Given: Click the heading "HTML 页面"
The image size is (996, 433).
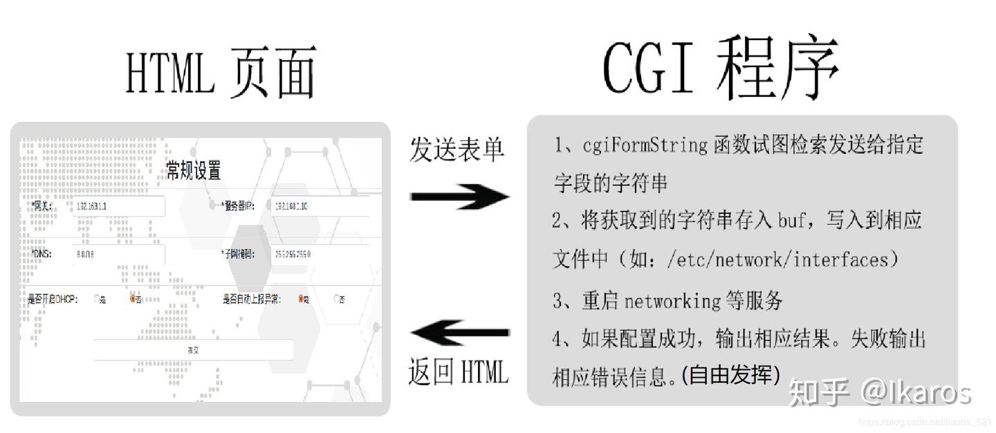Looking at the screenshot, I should coord(220,71).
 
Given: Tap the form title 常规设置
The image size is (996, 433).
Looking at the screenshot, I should coord(194,170).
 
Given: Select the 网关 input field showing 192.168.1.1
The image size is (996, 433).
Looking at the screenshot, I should coord(118,206).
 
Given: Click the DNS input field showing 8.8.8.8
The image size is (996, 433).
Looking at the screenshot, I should coord(118,254).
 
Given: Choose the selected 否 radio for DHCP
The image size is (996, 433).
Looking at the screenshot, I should coord(133,299).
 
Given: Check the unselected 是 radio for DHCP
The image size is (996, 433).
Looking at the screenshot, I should coord(98,300).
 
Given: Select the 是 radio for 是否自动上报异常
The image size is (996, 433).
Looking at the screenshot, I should coord(302,299).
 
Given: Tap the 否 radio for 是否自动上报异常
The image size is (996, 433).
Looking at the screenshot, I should coord(337,299).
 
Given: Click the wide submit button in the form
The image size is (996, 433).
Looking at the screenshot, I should coord(193,350).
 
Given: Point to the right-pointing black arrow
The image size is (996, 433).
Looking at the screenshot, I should coord(459,196).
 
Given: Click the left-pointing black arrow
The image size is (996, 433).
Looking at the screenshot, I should coord(459,333).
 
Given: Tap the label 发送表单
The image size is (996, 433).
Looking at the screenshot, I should coord(457,149).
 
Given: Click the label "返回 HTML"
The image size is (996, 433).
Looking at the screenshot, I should coord(458,372).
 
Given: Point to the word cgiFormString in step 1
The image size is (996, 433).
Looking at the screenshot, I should coord(645,145).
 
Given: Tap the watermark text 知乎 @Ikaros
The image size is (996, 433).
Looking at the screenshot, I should coord(878,391).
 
